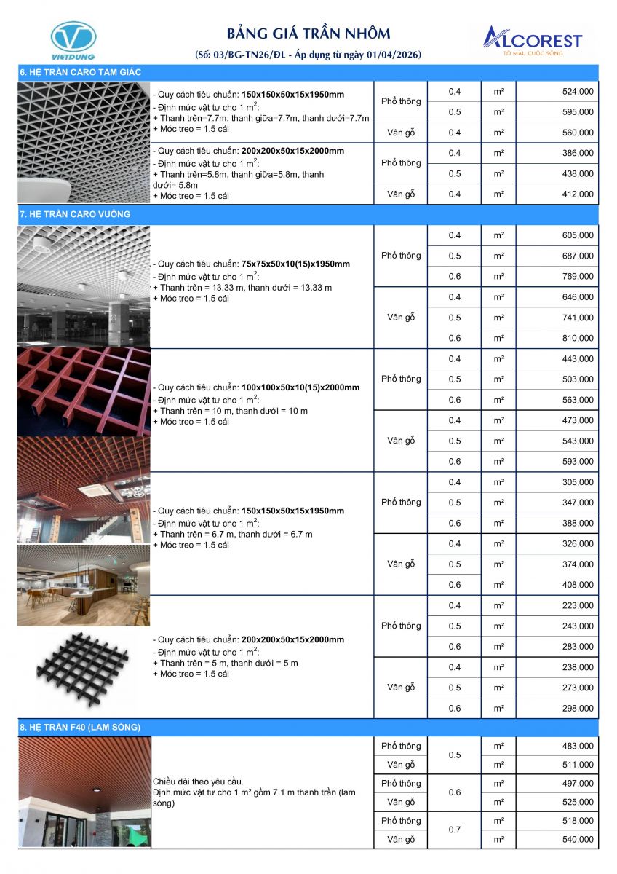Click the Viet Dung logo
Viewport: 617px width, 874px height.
coord(73,39)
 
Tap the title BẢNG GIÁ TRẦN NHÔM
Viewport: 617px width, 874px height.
coord(308,34)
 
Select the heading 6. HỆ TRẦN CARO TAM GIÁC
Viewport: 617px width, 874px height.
coord(80,72)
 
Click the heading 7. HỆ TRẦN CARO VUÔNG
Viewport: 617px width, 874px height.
coord(75,214)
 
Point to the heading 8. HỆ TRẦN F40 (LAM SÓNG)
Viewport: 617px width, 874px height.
coord(80,727)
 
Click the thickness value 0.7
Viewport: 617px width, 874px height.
coord(455,830)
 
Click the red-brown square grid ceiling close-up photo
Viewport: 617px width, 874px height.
coord(84,391)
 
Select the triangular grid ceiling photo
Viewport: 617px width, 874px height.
coord(84,142)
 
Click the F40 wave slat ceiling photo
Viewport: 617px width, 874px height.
coord(84,792)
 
